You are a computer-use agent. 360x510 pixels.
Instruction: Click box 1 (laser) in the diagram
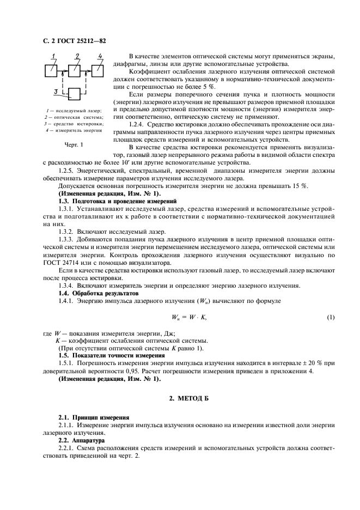(50, 71)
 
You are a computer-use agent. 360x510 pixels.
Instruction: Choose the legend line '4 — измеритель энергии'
(74, 130)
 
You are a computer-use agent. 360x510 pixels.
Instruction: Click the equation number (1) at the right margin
(330, 317)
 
